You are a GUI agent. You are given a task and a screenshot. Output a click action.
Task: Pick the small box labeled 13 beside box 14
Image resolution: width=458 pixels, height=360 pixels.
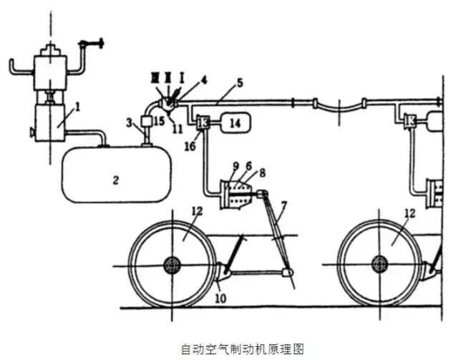click(203, 123)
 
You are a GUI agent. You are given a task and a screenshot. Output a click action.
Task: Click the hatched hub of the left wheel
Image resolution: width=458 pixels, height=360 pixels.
click(172, 263)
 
